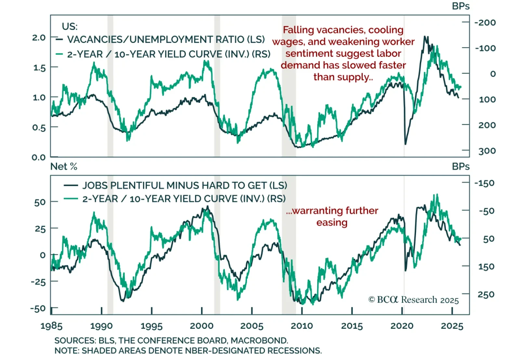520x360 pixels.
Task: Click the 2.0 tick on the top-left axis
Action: click(39, 37)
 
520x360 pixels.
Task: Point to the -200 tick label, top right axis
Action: click(485, 22)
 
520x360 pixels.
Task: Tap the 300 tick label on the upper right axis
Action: click(487, 151)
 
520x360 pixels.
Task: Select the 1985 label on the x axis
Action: click(51, 326)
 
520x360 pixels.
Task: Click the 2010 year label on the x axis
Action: click(302, 326)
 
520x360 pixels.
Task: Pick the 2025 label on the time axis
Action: click(452, 326)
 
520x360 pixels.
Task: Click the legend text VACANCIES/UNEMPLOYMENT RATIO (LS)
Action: click(166, 39)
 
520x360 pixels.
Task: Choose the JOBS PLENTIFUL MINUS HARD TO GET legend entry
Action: click(185, 185)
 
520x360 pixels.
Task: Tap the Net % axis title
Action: click(64, 167)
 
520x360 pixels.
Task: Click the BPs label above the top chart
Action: click(461, 6)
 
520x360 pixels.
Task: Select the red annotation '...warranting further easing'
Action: click(332, 217)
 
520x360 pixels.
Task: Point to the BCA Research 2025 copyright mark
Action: click(413, 300)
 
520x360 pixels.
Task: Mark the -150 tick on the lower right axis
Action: click(484, 183)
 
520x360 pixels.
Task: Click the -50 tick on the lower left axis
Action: click(38, 308)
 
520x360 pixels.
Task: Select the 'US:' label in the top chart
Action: click(70, 26)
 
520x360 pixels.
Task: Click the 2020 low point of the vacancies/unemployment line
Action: click(405, 144)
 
